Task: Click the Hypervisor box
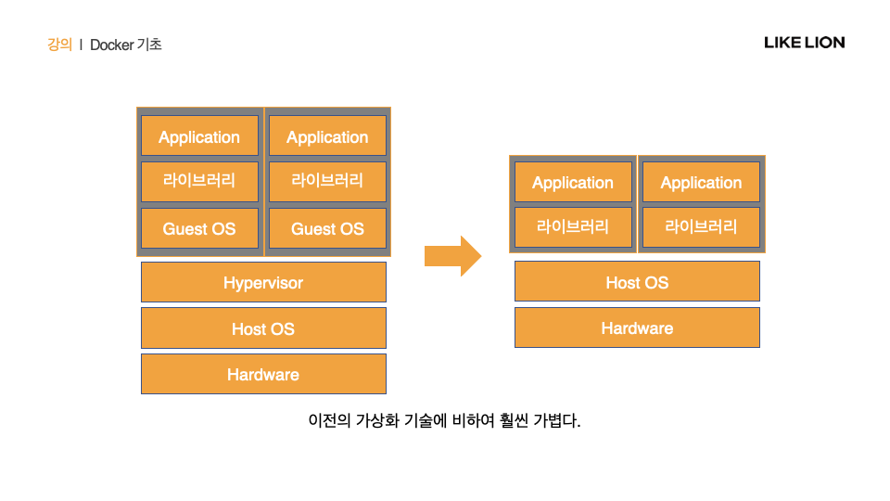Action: click(263, 282)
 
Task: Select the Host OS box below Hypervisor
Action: click(263, 328)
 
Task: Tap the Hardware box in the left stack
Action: click(263, 374)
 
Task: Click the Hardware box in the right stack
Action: click(637, 328)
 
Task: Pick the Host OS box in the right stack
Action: click(637, 281)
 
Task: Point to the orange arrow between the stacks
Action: click(452, 255)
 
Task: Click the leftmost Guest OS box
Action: click(199, 228)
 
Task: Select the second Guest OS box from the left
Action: click(327, 228)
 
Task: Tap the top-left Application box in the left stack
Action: click(199, 136)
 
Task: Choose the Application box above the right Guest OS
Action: click(327, 136)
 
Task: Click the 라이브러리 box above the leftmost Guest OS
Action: click(199, 181)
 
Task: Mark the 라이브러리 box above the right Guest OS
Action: click(327, 181)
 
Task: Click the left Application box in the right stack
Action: click(573, 182)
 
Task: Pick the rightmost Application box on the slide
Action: click(701, 182)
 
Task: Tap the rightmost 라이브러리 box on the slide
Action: click(701, 226)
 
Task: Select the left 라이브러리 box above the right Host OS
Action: click(573, 226)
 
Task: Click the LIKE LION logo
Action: click(804, 43)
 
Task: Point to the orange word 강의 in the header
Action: click(59, 44)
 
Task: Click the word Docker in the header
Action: click(111, 44)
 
